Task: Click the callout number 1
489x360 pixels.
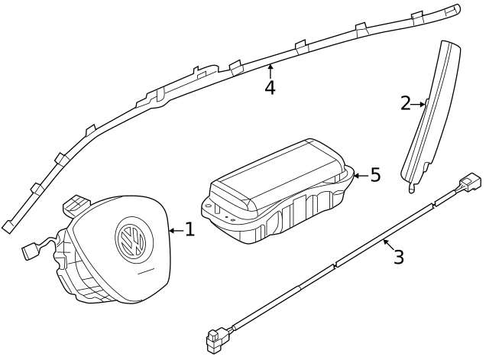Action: click(x=189, y=229)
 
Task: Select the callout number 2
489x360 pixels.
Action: click(x=406, y=103)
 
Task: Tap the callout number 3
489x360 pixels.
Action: click(x=398, y=257)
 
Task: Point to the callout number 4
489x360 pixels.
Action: click(x=270, y=87)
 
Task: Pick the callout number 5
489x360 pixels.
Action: click(x=374, y=175)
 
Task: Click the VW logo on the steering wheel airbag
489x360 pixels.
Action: click(x=130, y=238)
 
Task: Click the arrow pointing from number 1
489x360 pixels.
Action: click(x=175, y=229)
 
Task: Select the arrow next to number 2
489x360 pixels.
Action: click(x=420, y=103)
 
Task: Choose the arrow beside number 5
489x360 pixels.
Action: click(x=359, y=175)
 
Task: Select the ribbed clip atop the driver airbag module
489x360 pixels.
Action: click(x=76, y=204)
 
